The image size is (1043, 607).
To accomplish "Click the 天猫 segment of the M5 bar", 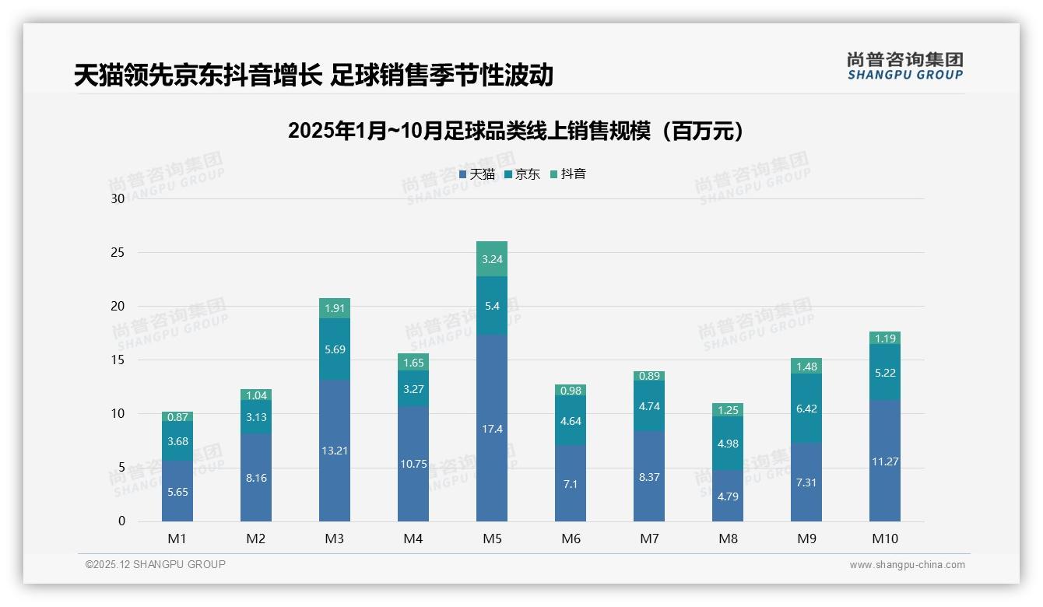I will [x=492, y=427].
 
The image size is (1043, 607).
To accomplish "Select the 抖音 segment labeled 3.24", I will [x=492, y=259].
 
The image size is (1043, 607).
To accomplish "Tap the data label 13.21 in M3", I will [x=335, y=451].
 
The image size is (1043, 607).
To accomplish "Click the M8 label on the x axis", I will [x=728, y=539].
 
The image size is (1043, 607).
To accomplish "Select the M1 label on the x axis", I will [x=177, y=539].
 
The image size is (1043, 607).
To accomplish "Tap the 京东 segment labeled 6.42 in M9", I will [x=806, y=409].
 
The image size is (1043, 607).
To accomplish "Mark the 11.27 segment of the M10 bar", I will [x=885, y=461].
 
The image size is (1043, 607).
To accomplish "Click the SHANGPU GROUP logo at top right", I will [x=904, y=65].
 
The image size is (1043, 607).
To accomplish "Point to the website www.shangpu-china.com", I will [x=907, y=565].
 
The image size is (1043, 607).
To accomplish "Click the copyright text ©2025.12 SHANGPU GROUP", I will [x=156, y=565].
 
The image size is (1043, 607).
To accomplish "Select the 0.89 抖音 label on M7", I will [x=649, y=376].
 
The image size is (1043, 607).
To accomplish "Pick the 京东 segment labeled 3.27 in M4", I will [x=413, y=388].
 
